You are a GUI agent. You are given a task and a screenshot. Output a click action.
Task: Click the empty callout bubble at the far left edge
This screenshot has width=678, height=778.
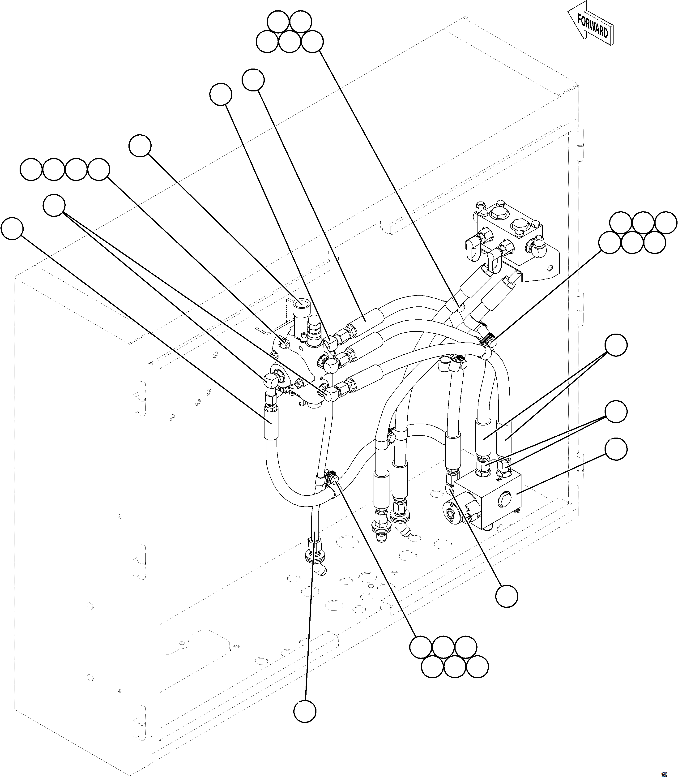click(x=12, y=228)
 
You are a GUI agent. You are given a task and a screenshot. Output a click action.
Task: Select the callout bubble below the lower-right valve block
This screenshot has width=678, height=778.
click(x=507, y=597)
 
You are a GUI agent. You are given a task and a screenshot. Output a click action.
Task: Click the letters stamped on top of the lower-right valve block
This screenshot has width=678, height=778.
click(x=499, y=478)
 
